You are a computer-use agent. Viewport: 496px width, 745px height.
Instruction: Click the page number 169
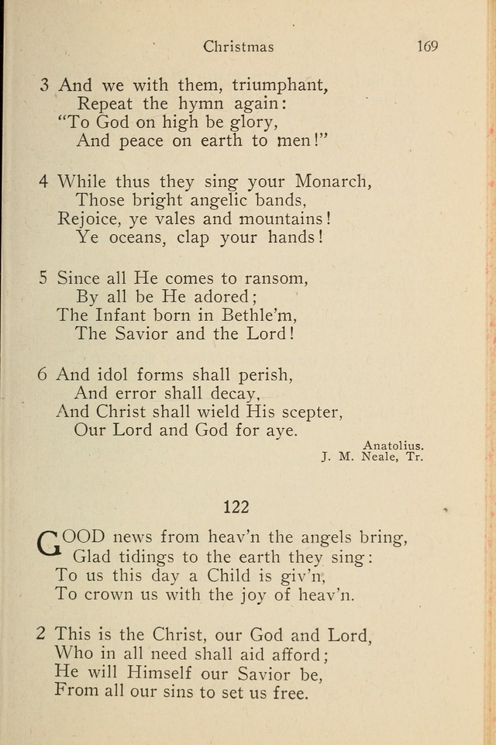point(427,47)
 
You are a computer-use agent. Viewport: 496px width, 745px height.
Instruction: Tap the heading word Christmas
point(239,47)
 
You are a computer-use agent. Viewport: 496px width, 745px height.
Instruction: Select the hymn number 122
point(236,507)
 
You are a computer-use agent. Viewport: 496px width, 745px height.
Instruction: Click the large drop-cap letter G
point(48,543)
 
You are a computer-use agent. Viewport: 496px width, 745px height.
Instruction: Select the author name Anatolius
point(393,445)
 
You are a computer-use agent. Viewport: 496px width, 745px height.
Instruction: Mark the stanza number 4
point(44,181)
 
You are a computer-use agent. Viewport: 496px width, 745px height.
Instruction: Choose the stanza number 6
point(43,374)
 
